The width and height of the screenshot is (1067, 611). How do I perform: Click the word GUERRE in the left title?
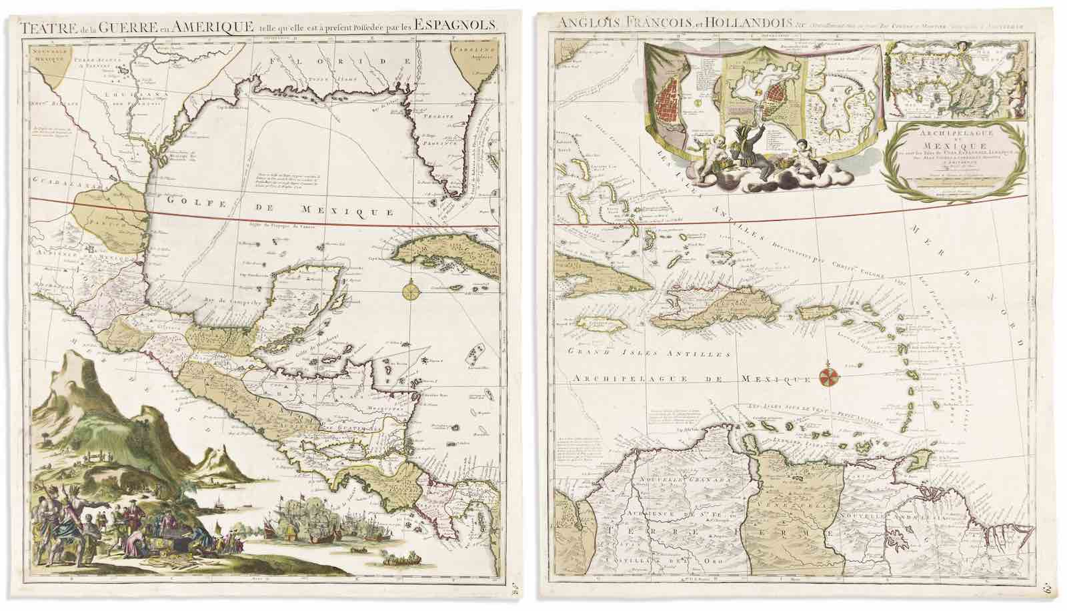(136, 27)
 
